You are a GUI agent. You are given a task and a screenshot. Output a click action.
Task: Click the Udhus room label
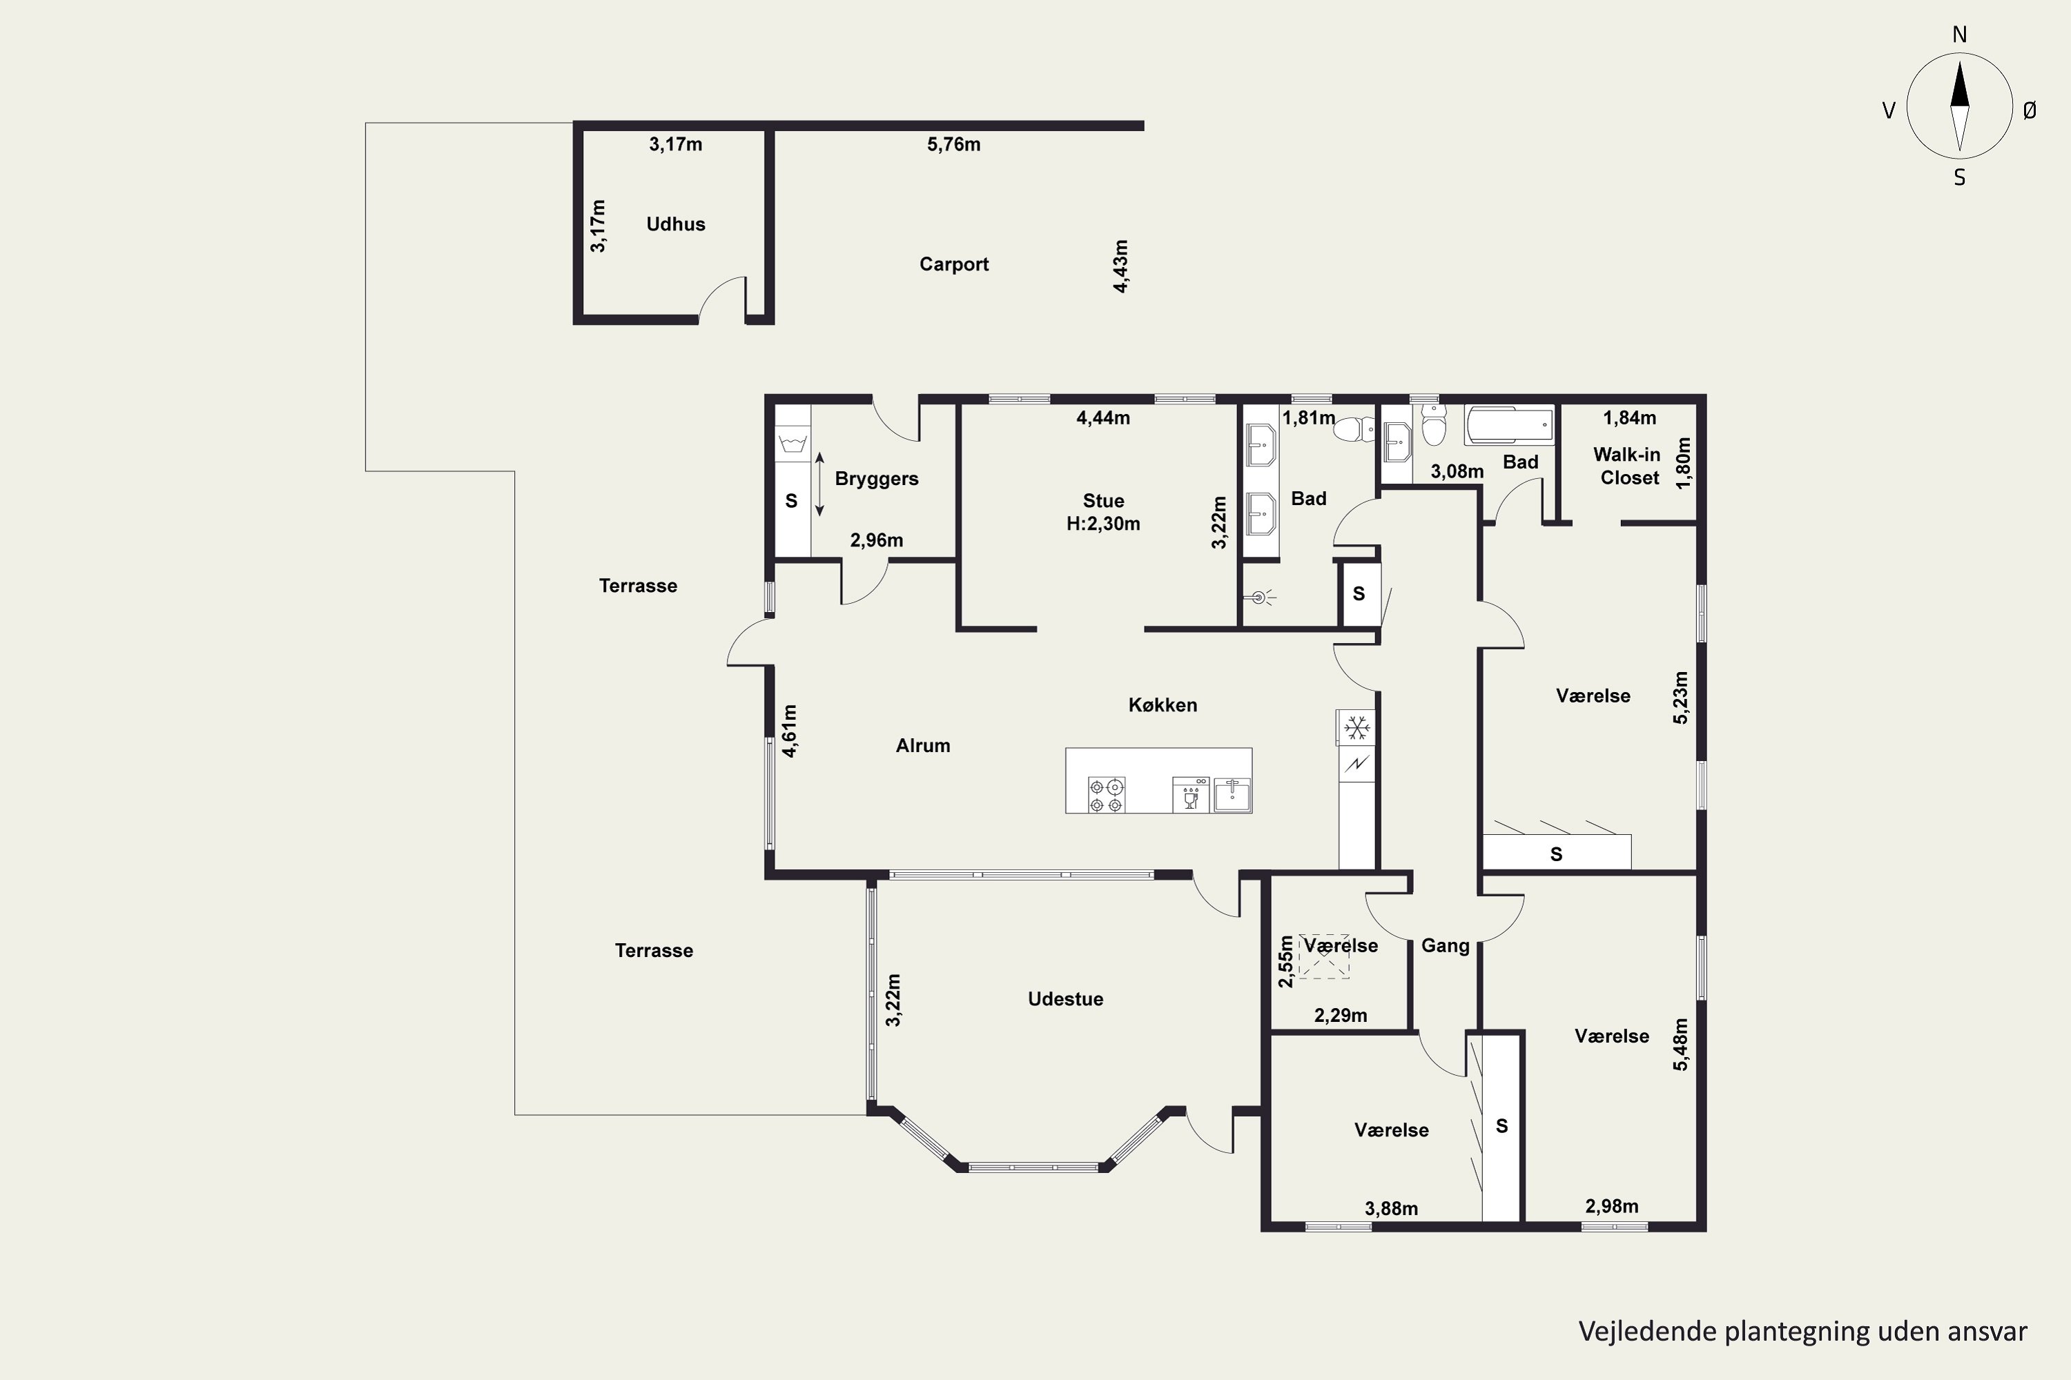(x=675, y=224)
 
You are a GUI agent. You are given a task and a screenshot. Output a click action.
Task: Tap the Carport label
(x=953, y=264)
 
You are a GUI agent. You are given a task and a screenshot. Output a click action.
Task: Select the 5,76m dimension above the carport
(x=953, y=144)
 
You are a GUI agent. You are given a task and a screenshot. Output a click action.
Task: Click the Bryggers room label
(x=876, y=479)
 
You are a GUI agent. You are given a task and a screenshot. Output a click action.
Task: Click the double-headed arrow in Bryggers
(x=819, y=484)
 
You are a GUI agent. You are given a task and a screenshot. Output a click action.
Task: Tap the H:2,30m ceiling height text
(x=1103, y=524)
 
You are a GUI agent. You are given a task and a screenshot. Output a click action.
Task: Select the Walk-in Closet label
(x=1628, y=466)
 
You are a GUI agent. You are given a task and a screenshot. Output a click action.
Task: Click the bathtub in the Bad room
(x=1509, y=425)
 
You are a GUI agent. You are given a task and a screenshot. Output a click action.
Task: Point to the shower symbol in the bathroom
(x=1259, y=598)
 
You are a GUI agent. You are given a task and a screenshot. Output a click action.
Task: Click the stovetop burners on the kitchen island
(x=1107, y=795)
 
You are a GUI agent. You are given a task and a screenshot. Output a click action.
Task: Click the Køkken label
(x=1163, y=705)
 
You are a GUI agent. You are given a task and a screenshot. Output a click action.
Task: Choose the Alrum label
(x=923, y=745)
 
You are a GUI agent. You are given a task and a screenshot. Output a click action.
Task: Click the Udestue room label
(x=1065, y=999)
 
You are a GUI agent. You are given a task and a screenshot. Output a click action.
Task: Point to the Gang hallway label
(x=1445, y=946)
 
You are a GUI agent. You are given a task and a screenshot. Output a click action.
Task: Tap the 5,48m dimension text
(x=1681, y=1045)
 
